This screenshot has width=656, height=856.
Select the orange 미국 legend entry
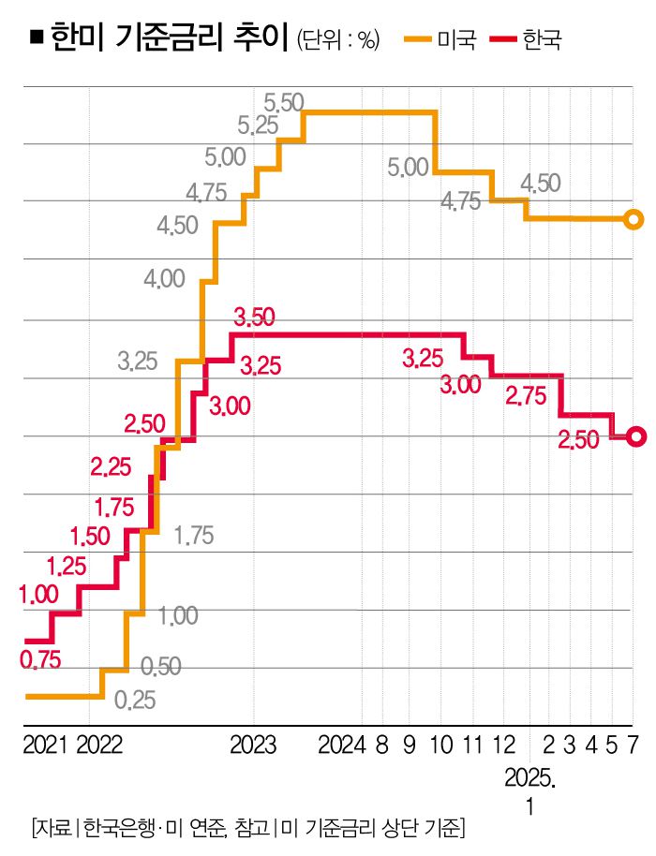(440, 39)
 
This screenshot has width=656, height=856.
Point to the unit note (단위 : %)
(337, 40)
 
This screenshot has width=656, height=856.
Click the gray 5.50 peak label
(283, 100)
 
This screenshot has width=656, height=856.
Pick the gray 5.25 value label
(258, 125)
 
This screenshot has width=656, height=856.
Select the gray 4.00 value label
(164, 278)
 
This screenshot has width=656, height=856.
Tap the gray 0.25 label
(135, 700)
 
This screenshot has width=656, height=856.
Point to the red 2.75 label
(525, 396)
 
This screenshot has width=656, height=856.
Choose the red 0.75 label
(40, 660)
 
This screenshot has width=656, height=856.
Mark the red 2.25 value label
(111, 465)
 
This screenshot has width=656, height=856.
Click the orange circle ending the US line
(634, 220)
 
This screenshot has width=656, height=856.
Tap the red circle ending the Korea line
(636, 436)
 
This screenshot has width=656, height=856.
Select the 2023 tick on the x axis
(253, 745)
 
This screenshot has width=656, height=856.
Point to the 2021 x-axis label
(44, 745)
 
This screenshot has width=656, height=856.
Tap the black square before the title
(36, 38)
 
